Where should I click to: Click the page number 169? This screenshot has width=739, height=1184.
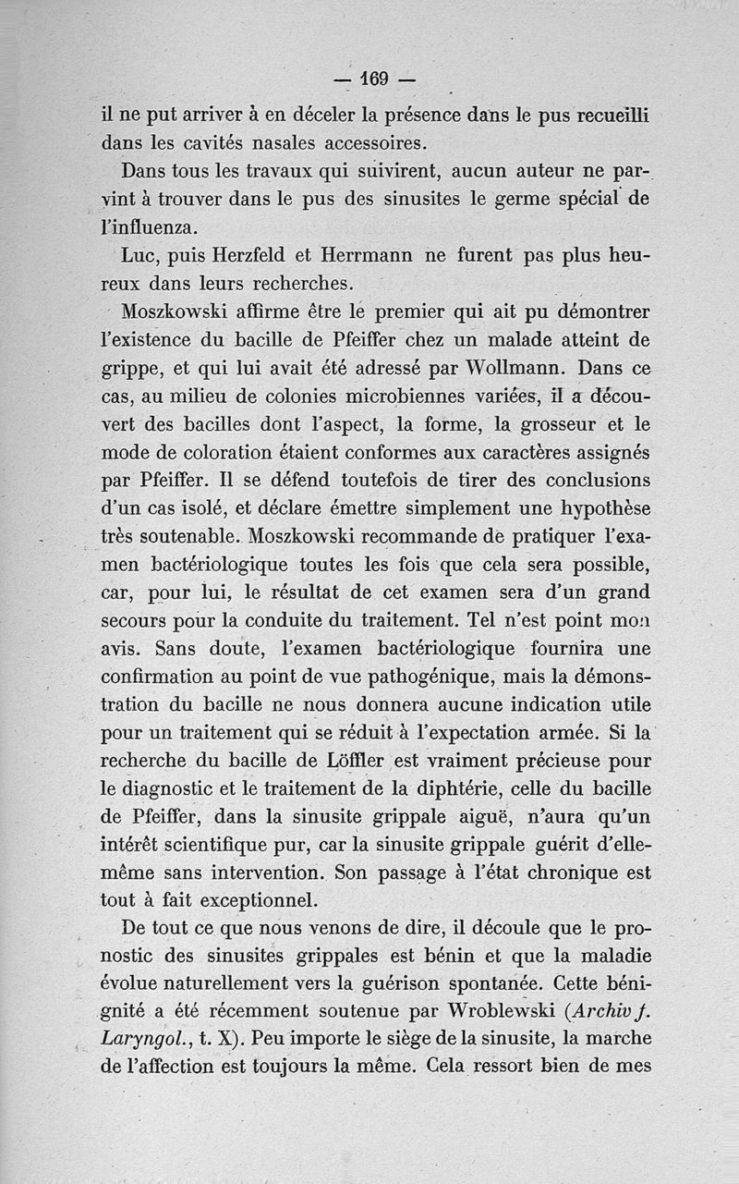[x=373, y=79]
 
